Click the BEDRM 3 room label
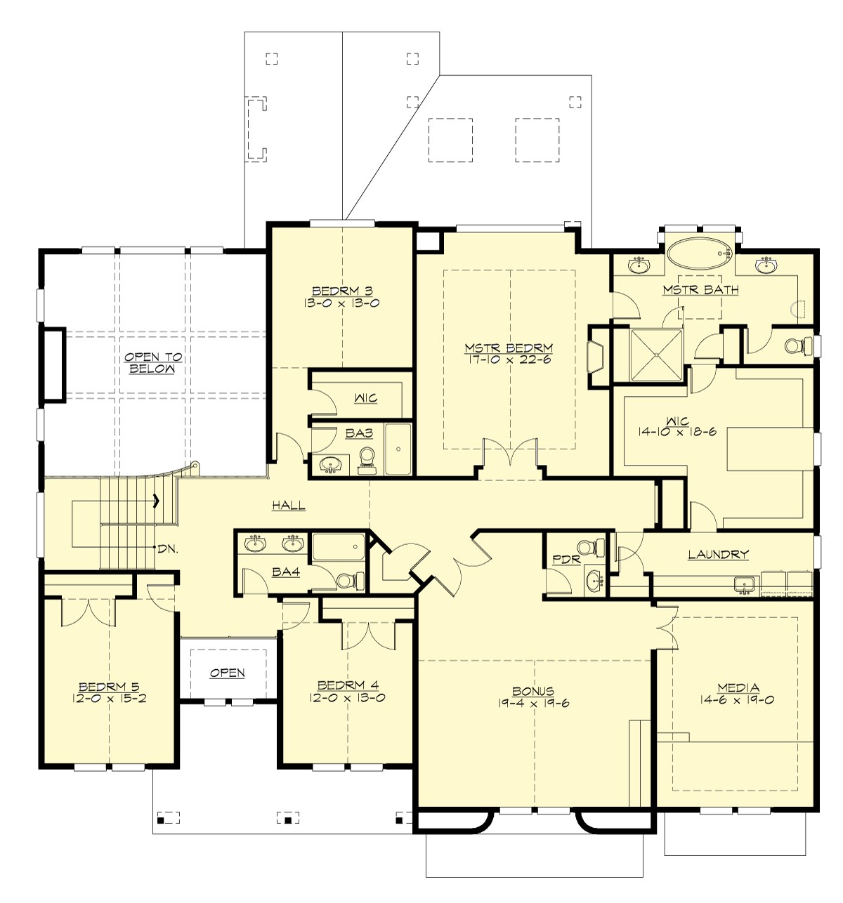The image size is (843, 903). tap(342, 291)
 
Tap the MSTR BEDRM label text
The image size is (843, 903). tap(509, 348)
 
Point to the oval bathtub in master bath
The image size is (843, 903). tap(700, 253)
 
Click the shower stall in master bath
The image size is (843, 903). tap(656, 355)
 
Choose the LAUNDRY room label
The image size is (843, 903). tap(718, 555)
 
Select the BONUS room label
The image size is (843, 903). tap(533, 692)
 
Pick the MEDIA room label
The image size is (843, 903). tap(738, 687)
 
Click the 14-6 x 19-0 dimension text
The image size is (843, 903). tap(738, 699)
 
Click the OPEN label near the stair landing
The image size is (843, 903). tap(228, 673)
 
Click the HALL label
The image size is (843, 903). tap(289, 505)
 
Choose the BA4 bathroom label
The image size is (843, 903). tap(286, 572)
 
